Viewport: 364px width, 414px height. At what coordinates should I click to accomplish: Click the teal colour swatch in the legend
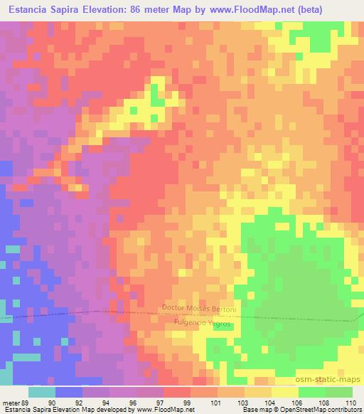(41, 392)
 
